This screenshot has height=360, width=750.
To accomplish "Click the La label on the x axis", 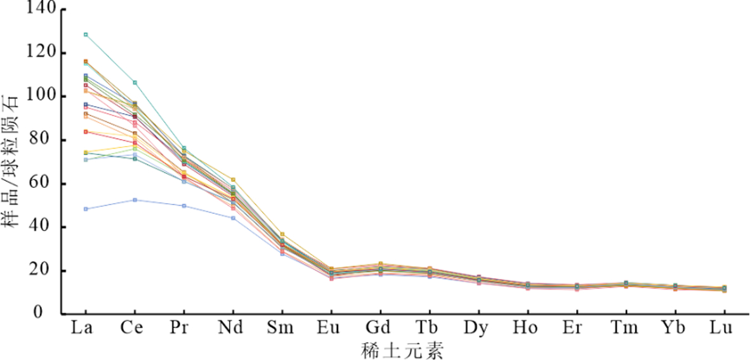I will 86,329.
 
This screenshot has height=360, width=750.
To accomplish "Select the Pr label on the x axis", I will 184,329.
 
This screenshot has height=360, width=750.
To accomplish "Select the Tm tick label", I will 626,329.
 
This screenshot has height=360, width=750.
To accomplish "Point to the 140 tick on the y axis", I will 42,9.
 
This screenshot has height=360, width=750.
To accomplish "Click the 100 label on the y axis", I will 42,96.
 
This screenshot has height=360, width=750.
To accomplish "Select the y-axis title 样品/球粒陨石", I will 11,161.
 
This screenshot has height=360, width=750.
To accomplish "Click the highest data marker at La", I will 86,34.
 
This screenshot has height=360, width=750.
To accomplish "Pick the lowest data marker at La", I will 86,209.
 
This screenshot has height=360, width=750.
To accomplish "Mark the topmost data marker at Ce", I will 135,83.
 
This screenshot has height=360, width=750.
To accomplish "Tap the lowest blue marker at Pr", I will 184,206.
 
